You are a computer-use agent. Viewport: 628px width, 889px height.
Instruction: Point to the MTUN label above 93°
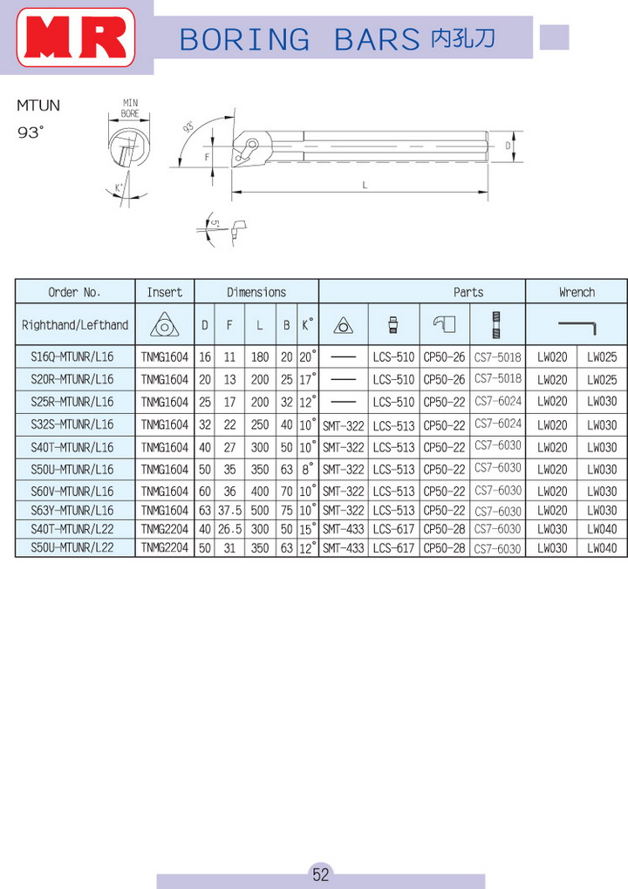point(38,106)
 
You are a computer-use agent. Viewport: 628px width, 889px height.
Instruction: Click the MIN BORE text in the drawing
point(130,109)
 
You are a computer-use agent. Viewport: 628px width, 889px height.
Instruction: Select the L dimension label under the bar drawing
point(364,186)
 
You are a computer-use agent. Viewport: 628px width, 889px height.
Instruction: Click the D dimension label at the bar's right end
point(508,146)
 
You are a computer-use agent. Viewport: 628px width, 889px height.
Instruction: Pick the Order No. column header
point(75,292)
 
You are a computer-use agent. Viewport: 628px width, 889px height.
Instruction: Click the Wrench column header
point(577,292)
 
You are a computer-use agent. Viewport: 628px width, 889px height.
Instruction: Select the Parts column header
point(468,292)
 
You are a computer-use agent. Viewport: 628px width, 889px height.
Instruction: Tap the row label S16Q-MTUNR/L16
point(72,357)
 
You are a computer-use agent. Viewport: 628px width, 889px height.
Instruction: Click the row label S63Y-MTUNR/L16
point(72,510)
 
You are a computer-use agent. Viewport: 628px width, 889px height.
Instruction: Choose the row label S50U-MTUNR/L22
point(72,548)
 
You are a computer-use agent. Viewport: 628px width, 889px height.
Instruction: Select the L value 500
point(261,510)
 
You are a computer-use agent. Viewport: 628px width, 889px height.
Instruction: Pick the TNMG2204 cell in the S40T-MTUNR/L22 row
point(164,529)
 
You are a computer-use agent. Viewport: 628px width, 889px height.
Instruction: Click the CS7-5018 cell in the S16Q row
point(497,357)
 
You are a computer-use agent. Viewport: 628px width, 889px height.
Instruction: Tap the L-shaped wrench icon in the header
point(577,325)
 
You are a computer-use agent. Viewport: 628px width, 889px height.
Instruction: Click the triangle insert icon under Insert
point(164,325)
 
